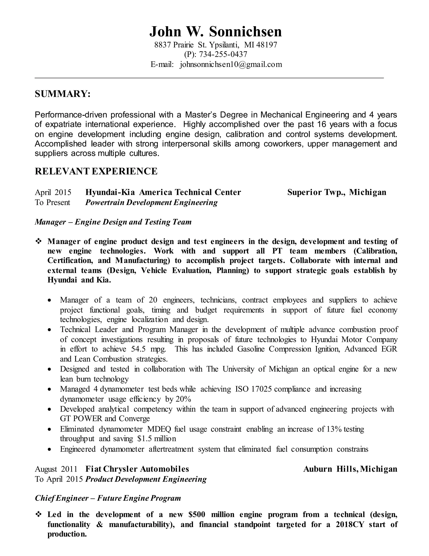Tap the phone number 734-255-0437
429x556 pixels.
click(223, 54)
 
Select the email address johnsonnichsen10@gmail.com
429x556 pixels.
click(231, 64)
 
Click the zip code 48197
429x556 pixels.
click(267, 45)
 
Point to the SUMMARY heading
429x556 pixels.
click(62, 94)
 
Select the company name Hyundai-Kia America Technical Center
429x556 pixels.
click(163, 192)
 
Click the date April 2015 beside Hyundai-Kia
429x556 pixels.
click(53, 192)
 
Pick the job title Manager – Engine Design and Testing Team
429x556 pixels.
click(113, 222)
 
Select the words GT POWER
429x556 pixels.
click(81, 419)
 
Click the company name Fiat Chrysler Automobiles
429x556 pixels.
click(137, 469)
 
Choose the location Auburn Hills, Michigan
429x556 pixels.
click(350, 469)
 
